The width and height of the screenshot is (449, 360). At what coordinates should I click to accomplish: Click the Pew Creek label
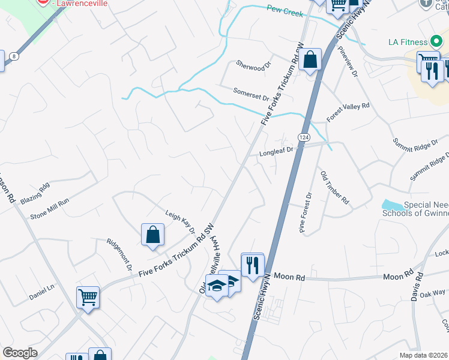pos(283,10)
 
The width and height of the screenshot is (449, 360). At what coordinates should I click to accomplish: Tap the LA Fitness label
pos(407,42)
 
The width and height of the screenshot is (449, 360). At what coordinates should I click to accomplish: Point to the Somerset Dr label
pos(252,93)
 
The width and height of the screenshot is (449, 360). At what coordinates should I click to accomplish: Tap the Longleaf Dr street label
pos(276,153)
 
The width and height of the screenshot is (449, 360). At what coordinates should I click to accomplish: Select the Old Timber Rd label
pos(335,188)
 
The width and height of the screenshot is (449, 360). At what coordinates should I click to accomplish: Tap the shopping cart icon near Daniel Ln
pos(88,297)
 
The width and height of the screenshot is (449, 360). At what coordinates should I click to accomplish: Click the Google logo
pos(20,353)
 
